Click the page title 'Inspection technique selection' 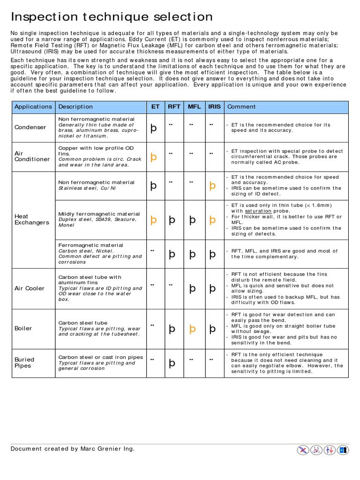click(x=112, y=17)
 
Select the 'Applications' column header click(x=33, y=107)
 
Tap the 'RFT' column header click(x=174, y=107)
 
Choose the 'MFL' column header click(x=194, y=107)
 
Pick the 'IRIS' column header click(x=214, y=107)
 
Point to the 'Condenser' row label click(x=30, y=127)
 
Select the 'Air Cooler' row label click(x=30, y=288)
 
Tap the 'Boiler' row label click(x=23, y=329)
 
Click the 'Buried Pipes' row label click(x=24, y=362)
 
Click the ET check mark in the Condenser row click(x=153, y=128)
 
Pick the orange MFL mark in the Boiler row click(x=192, y=329)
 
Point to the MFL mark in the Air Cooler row click(x=192, y=289)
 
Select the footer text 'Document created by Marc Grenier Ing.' click(x=73, y=449)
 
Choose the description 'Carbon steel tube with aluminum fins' click(x=90, y=280)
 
